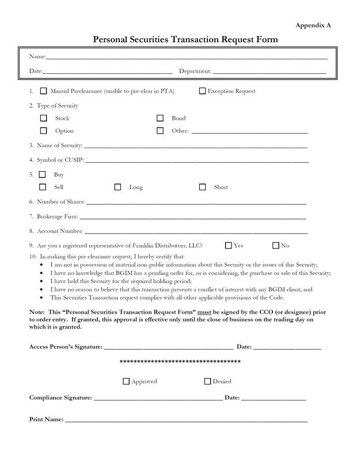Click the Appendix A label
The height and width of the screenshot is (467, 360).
coord(313,25)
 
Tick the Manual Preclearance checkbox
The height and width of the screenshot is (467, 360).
coord(44,91)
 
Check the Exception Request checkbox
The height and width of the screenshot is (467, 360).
coord(202,91)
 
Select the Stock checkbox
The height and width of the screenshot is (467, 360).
coord(43,118)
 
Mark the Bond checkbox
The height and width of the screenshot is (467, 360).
coord(160,118)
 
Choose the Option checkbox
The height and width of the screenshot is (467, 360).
coord(43,131)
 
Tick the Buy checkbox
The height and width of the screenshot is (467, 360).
coord(42,174)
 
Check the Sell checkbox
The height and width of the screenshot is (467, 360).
coord(43,187)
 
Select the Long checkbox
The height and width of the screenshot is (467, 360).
coord(118,187)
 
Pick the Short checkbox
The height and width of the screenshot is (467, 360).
coord(202,187)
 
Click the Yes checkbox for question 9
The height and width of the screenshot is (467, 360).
coord(229,245)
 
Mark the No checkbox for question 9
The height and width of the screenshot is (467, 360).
coord(275,245)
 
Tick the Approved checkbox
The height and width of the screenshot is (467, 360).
coord(126,381)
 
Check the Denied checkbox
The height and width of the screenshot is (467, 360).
coord(207,381)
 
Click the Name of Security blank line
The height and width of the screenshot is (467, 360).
coord(196,146)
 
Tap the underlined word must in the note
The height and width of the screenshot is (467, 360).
coord(204,311)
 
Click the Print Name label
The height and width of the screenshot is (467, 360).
coord(46,419)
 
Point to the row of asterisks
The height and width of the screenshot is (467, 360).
coord(180,362)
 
